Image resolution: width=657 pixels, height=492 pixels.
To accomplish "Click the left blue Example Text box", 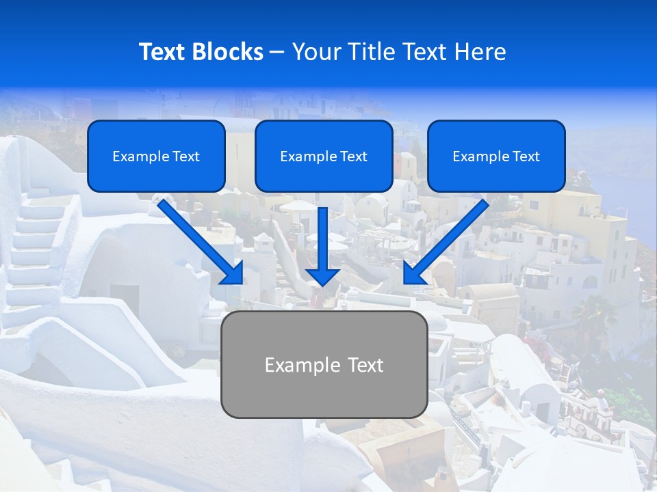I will [156, 156].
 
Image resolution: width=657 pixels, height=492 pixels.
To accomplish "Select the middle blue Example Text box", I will [324, 156].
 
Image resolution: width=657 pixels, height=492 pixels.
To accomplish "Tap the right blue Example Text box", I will [496, 156].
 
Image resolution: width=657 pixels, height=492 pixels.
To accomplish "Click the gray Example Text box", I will [324, 364].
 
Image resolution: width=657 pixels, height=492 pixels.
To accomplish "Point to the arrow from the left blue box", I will [198, 239].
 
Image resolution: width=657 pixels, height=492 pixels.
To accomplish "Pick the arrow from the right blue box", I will [448, 239].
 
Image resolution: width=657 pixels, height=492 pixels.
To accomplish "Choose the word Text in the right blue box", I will [526, 156].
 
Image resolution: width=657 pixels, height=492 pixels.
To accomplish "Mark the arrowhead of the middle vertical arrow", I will [322, 276].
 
